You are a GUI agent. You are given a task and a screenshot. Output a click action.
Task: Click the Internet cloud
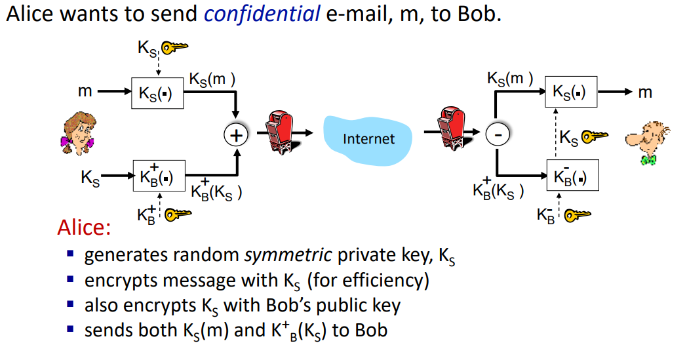(368, 140)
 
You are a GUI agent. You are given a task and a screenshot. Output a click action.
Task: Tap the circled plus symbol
(236, 135)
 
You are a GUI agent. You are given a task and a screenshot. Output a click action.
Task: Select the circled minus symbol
(498, 134)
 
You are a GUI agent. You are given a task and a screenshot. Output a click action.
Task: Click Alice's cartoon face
(79, 133)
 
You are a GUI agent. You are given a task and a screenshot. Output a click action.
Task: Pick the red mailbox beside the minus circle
(452, 128)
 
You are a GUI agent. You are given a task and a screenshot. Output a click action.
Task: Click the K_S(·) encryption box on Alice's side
(157, 93)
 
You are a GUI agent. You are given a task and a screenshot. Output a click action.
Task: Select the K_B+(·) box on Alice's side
(159, 176)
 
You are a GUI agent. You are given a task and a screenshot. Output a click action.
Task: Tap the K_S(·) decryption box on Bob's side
(571, 92)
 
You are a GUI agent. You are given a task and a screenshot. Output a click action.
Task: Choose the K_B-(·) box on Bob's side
(573, 175)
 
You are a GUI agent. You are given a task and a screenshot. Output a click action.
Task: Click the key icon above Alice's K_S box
(174, 47)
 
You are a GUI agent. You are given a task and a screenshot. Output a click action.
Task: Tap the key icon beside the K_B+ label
(178, 214)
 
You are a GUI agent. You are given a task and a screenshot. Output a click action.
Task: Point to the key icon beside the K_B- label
(578, 215)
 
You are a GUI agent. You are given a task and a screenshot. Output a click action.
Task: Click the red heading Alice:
(84, 227)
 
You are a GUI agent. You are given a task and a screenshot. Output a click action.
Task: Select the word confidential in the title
(262, 14)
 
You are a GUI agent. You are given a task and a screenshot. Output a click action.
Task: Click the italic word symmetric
(288, 255)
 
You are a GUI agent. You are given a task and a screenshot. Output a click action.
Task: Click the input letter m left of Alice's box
(85, 91)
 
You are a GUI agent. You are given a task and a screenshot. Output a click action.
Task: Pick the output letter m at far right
(645, 92)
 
